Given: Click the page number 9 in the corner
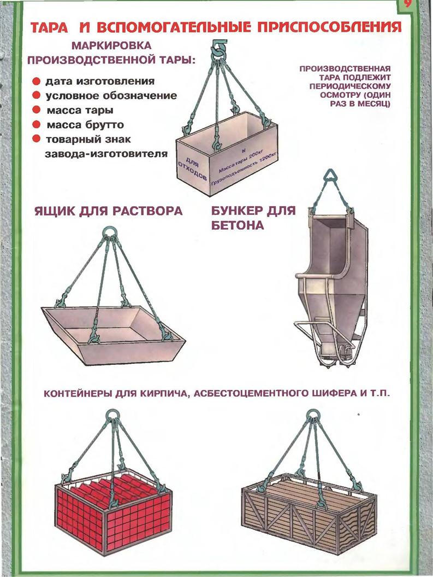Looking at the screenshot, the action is [409, 6].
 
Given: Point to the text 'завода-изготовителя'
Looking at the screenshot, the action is [105, 153].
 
